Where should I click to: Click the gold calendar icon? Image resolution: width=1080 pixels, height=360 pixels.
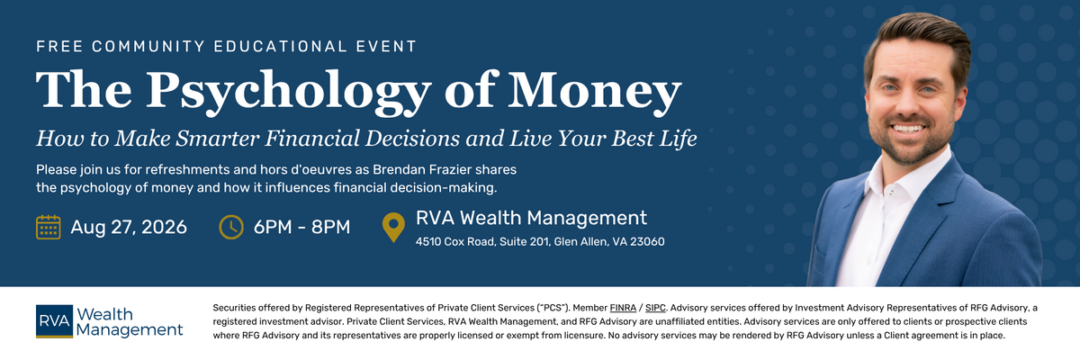[x=49, y=227]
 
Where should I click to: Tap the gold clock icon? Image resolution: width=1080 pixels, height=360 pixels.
[x=231, y=227]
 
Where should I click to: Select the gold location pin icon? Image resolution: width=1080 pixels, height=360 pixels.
[x=393, y=227]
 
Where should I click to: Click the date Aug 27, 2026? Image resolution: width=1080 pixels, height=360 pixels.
[x=129, y=228]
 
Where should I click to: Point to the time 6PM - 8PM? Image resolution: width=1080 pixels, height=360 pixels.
[x=301, y=227]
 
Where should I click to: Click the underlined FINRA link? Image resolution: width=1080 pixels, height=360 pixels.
[x=623, y=308]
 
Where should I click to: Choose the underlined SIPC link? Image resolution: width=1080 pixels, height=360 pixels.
[x=655, y=308]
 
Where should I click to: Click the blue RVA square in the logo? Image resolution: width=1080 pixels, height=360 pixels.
[x=55, y=321]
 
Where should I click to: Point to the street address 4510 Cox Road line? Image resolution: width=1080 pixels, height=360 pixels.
[x=540, y=241]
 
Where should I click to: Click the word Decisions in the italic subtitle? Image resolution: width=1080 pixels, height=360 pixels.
[x=412, y=139]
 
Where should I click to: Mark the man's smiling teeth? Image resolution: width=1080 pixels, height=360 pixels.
[x=907, y=129]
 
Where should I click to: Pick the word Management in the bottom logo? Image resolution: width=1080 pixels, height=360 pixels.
[x=130, y=330]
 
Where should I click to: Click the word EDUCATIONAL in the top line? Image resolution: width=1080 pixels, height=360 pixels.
[x=280, y=46]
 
